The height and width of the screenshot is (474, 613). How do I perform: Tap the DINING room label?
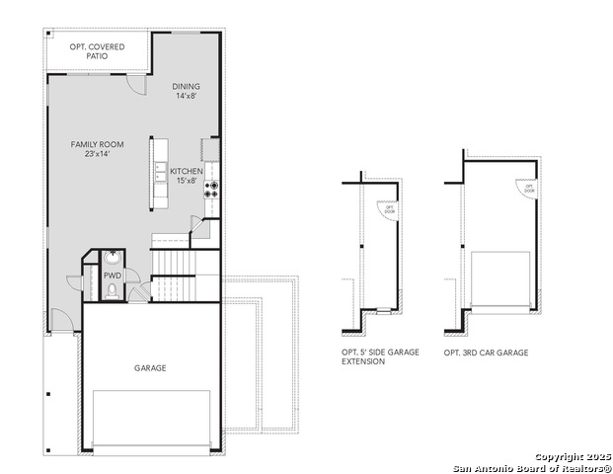(x=187, y=86)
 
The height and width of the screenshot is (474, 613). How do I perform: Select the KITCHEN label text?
(x=186, y=171)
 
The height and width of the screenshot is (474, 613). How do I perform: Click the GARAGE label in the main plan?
(x=150, y=367)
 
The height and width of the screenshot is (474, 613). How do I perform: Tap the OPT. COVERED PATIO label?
(x=97, y=52)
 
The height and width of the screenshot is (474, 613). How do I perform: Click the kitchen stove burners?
(x=210, y=188)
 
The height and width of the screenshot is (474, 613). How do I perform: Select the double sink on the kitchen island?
(x=161, y=171)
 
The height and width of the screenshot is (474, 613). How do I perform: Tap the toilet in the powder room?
(x=112, y=290)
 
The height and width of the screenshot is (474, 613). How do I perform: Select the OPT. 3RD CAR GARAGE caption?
(x=486, y=353)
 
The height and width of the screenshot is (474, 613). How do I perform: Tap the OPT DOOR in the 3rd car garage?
(x=528, y=188)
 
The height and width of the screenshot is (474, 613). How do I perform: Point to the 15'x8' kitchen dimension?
(x=186, y=181)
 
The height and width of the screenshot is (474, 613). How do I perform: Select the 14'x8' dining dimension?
(x=187, y=96)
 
